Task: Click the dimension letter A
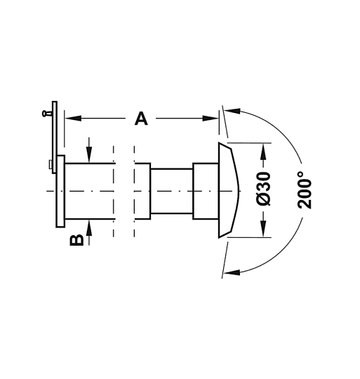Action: (x=141, y=119)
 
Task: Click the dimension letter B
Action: (x=77, y=239)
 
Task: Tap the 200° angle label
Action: (x=305, y=189)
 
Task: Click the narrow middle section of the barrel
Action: (x=171, y=191)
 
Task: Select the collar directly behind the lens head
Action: (x=205, y=191)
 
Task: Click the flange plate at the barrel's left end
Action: (x=60, y=191)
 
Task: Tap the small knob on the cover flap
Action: (x=46, y=111)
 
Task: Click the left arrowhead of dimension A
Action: (x=70, y=119)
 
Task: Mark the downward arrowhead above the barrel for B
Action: (x=90, y=159)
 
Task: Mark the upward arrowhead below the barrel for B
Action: (x=90, y=225)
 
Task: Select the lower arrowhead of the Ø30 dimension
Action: (x=264, y=232)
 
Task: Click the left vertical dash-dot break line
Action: (x=113, y=191)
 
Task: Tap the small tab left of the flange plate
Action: (x=51, y=165)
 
